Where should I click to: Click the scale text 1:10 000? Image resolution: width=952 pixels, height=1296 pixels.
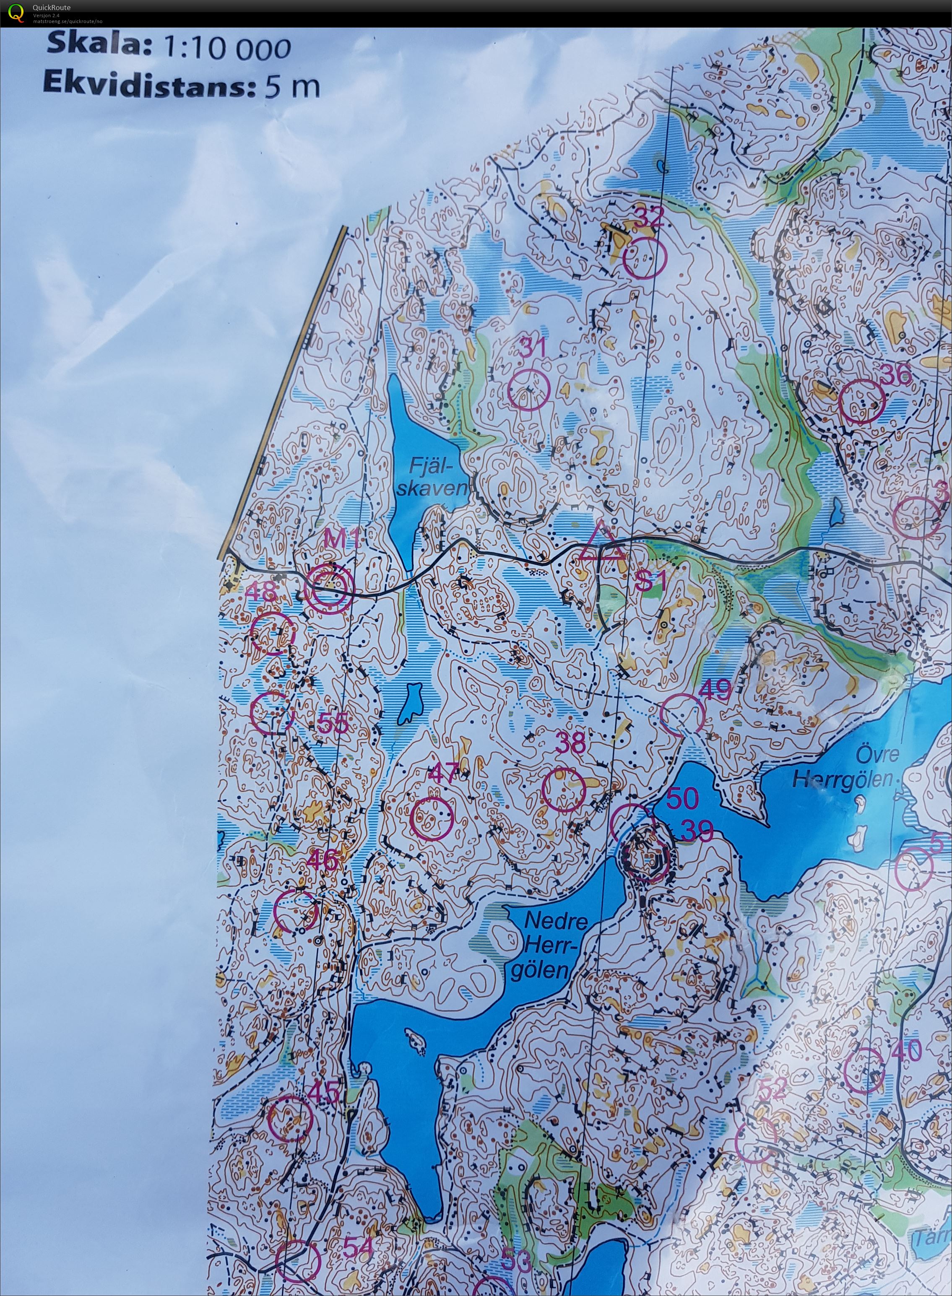point(226,48)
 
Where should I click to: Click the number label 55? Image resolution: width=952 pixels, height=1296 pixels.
point(333,722)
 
